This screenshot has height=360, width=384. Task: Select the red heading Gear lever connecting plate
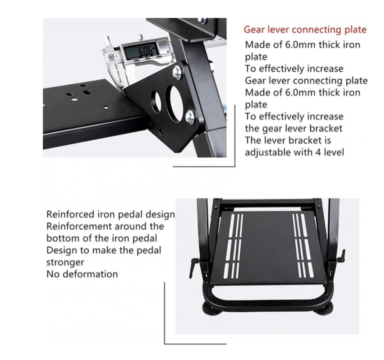point(305,30)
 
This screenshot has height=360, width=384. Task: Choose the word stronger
point(65,263)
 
